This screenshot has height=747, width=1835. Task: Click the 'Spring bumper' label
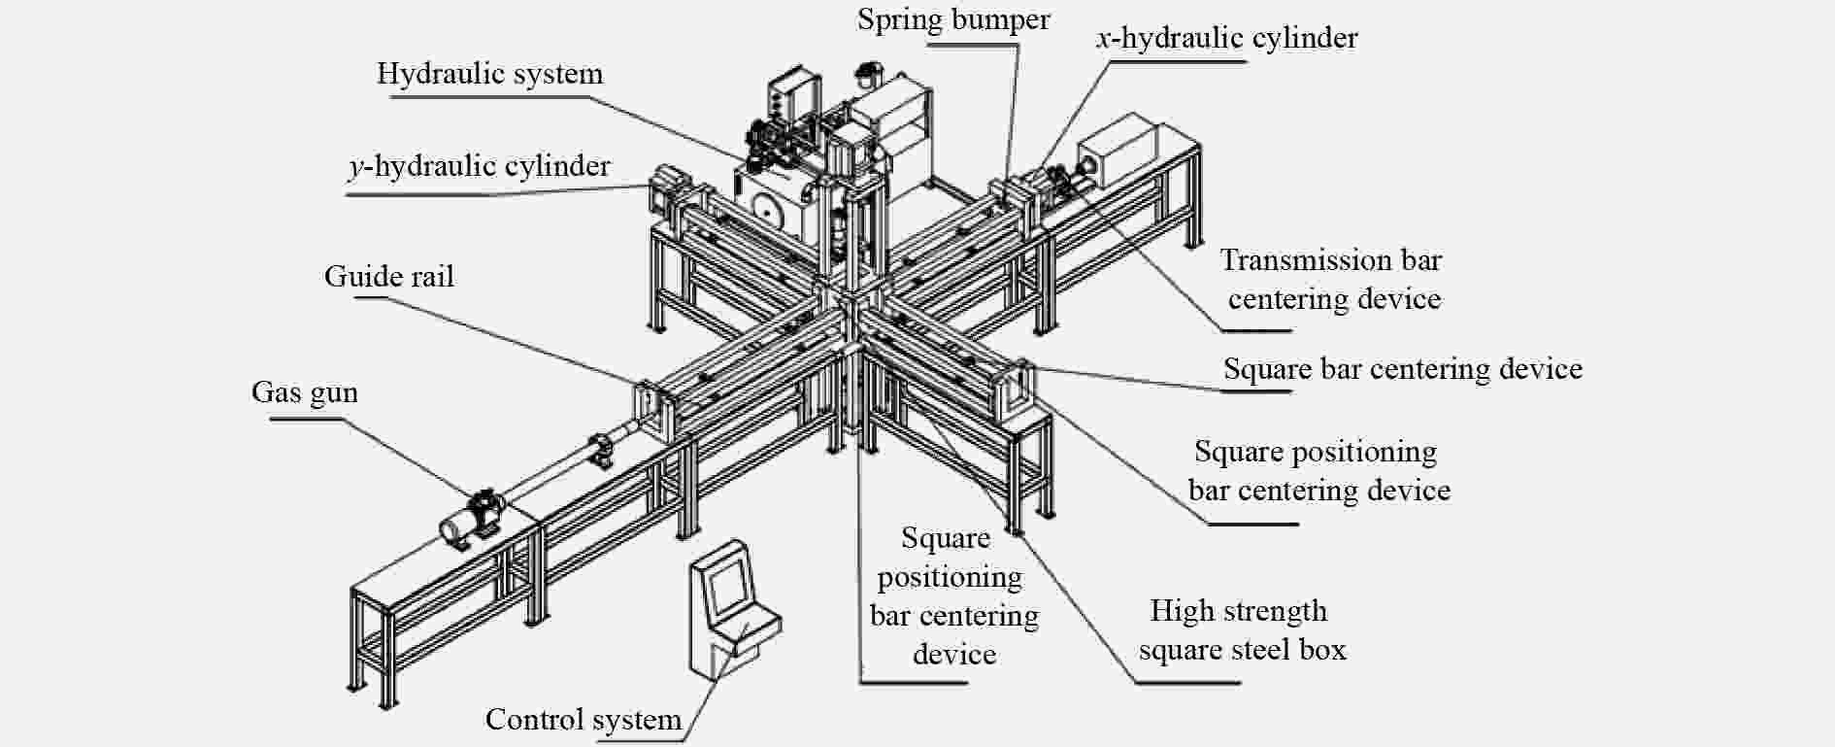(952, 20)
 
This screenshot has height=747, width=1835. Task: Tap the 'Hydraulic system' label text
(489, 74)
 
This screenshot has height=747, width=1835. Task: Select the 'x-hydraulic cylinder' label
(1226, 39)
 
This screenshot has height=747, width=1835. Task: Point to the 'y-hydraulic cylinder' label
(480, 167)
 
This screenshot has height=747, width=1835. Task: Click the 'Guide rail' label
(388, 277)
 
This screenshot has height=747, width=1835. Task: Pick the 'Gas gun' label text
(304, 392)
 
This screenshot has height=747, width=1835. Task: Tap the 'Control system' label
(583, 720)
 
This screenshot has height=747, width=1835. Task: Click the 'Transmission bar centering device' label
(1332, 280)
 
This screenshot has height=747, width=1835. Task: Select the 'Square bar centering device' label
(1402, 369)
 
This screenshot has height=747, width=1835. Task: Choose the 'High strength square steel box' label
(1242, 630)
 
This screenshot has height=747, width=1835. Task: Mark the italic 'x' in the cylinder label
(1103, 40)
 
